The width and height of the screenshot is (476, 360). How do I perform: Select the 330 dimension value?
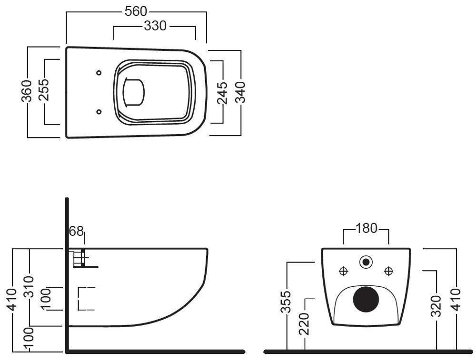click(x=155, y=26)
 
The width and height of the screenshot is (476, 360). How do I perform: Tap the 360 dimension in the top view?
click(x=27, y=91)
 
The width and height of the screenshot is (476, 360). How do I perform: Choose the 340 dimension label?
click(x=240, y=92)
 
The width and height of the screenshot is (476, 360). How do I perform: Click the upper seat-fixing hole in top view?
click(x=99, y=73)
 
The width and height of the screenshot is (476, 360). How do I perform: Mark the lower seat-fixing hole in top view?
click(x=99, y=112)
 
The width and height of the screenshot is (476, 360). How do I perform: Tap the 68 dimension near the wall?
click(x=77, y=232)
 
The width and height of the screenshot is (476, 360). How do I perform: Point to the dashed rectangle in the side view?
click(x=86, y=299)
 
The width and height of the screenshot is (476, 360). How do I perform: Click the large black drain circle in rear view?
click(x=366, y=298)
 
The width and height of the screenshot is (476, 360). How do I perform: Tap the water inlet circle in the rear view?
click(x=366, y=261)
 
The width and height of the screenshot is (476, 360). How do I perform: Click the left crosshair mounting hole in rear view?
click(x=343, y=271)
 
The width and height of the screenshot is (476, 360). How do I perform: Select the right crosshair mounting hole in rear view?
click(x=389, y=271)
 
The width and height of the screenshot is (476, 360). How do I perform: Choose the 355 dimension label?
click(x=286, y=302)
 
